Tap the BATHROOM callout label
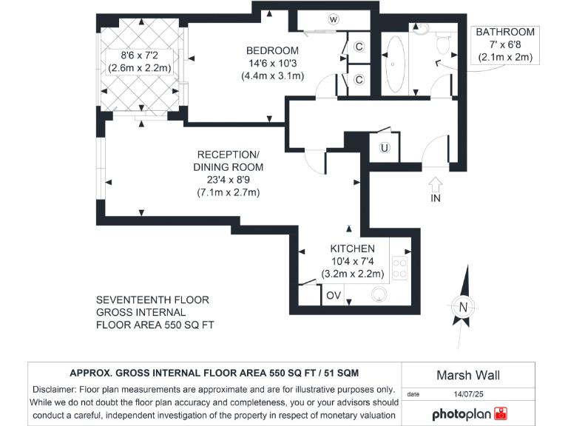click(x=505, y=33)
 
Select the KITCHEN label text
click(x=352, y=248)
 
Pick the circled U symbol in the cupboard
click(x=384, y=148)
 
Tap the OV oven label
click(x=334, y=294)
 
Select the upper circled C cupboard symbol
click(x=359, y=47)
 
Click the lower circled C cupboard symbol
click(x=359, y=80)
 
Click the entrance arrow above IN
click(x=435, y=182)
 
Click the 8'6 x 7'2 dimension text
click(x=140, y=55)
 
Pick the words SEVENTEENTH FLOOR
click(x=152, y=300)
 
